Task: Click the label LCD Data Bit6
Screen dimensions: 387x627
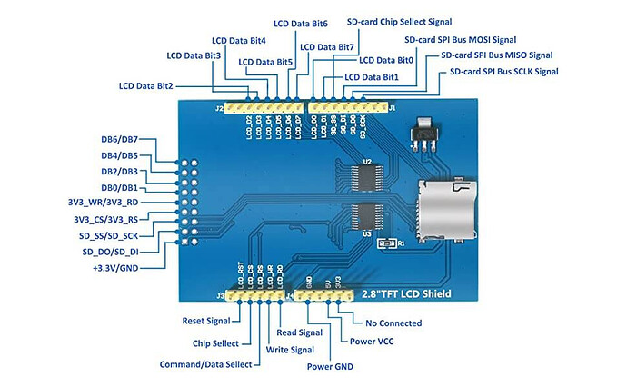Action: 300,23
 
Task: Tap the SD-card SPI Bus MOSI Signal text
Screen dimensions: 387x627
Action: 461,40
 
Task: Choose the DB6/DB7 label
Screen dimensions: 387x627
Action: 119,142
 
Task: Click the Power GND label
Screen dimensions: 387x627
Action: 329,367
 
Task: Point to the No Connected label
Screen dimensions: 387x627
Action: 393,322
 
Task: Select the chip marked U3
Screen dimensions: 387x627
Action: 367,216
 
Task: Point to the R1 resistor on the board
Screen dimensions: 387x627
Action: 384,243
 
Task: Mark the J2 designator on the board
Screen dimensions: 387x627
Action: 218,108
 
